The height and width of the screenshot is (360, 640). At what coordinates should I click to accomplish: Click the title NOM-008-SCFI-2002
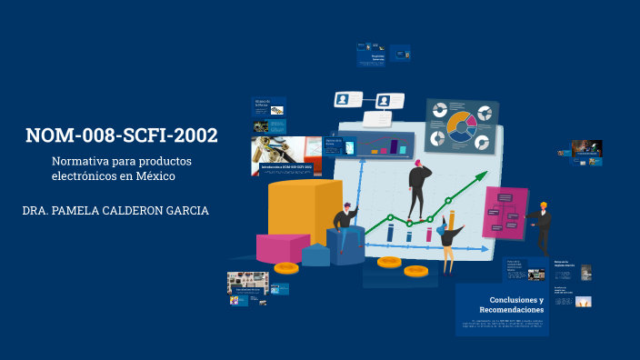[122, 136]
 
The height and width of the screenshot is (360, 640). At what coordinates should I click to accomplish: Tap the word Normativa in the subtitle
[79, 161]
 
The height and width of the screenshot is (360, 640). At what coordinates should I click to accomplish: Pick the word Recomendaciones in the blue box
[511, 311]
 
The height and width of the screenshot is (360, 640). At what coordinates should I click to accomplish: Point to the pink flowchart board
[505, 212]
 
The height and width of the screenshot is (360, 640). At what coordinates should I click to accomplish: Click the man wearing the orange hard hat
[542, 225]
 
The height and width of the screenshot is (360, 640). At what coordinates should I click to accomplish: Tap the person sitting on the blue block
[345, 225]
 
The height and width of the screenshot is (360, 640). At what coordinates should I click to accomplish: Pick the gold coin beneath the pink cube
[286, 267]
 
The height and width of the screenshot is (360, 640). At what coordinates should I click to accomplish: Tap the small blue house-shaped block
[315, 255]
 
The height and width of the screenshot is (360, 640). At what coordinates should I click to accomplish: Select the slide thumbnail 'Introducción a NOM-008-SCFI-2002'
[286, 168]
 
